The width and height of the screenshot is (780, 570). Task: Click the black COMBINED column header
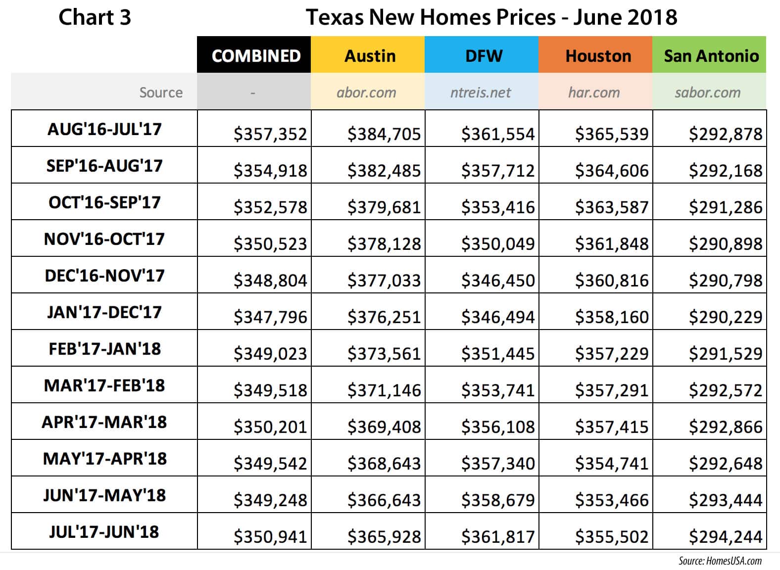pos(256,55)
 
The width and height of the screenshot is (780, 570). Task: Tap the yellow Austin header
pos(370,55)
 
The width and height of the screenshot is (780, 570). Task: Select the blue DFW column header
pos(484,55)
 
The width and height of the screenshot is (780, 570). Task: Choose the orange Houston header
pos(598,55)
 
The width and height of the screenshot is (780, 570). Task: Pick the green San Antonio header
pos(711,55)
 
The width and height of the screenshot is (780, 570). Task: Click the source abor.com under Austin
pos(366,93)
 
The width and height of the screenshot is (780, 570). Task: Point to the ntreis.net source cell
pos(480,93)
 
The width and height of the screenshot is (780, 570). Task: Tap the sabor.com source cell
pos(707,93)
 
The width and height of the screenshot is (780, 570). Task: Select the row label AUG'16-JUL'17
pos(104,129)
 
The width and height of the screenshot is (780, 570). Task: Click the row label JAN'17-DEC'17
pos(104,312)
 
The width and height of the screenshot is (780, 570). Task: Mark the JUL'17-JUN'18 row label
pos(104,532)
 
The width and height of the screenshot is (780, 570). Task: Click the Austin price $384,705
pos(384,134)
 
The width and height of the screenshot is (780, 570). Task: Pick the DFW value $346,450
pos(498,281)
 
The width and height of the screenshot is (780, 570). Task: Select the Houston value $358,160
pos(612,317)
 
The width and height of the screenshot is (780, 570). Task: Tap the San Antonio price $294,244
pos(726,537)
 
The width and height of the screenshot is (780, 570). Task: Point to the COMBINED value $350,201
pos(270,427)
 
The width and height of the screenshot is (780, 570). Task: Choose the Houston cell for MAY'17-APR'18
pos(612,464)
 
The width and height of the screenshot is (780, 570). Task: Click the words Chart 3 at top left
pos(95,17)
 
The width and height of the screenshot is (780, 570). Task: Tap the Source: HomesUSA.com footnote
pos(720,561)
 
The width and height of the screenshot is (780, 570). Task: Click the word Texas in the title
pos(335,17)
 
